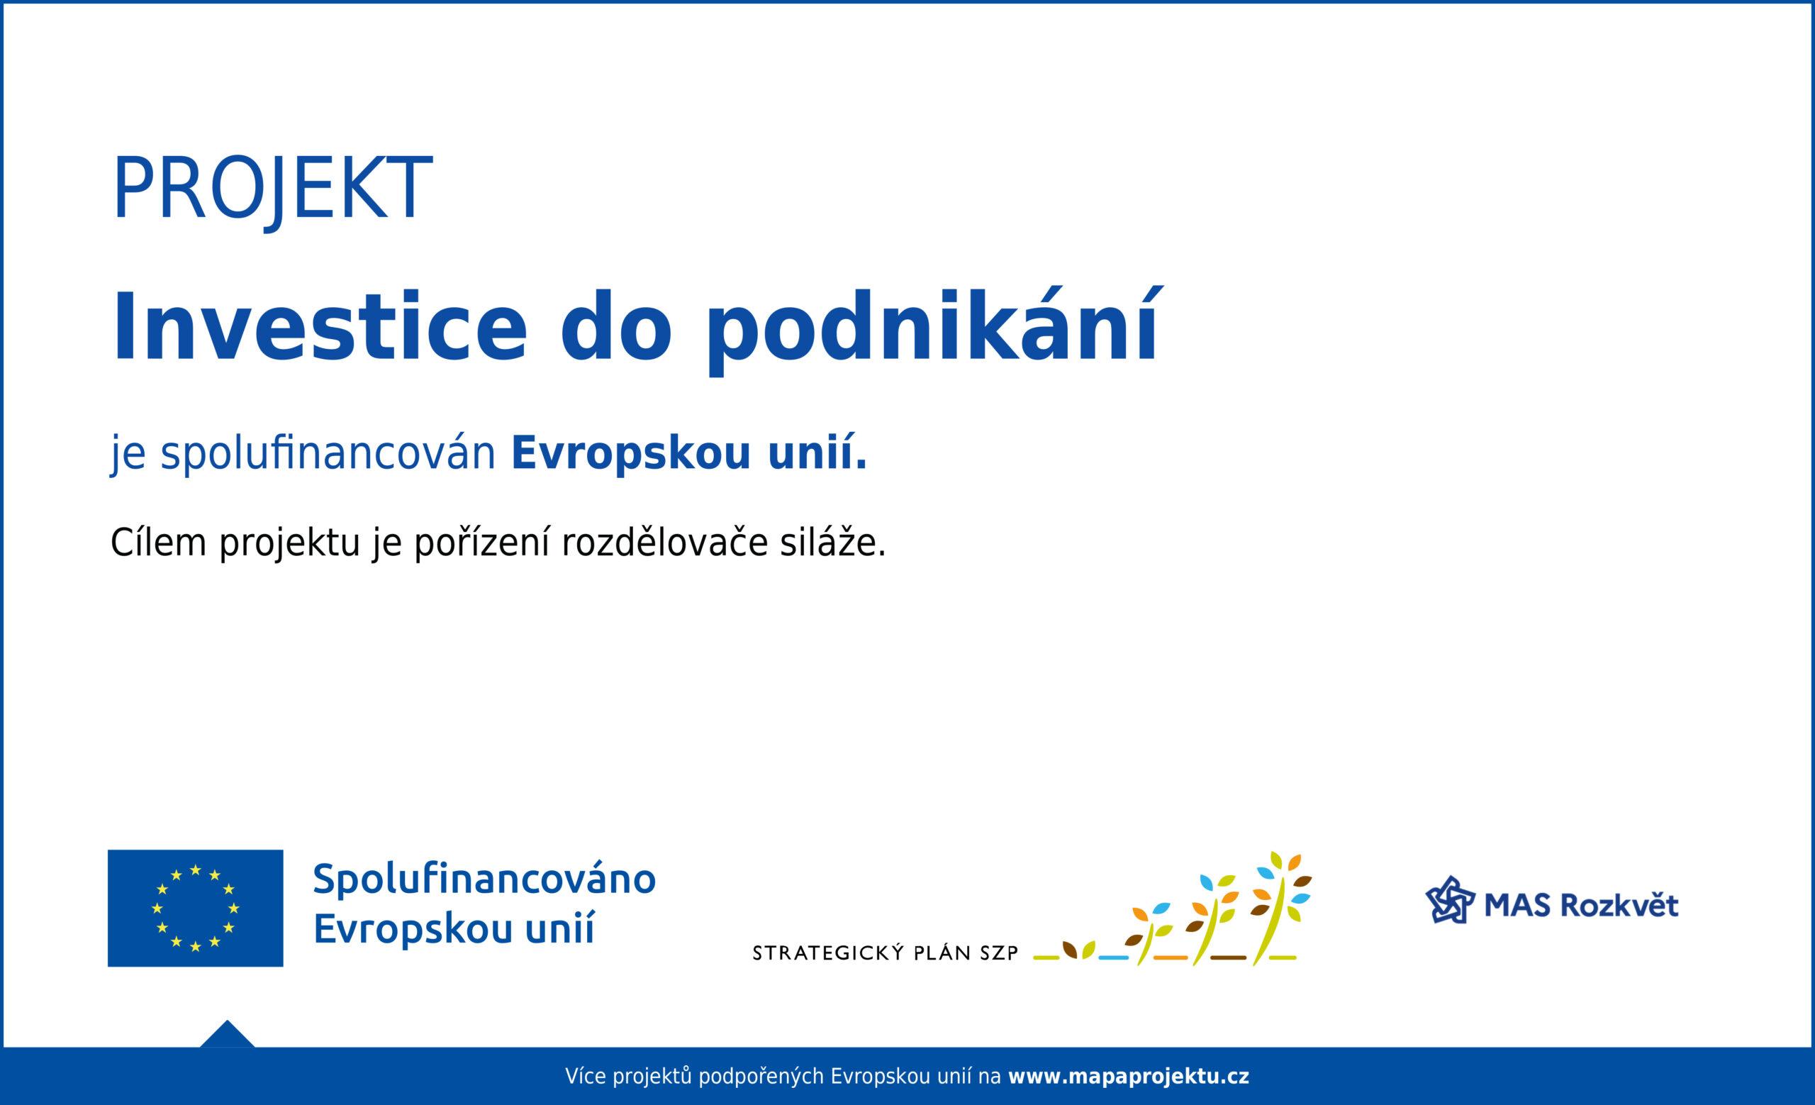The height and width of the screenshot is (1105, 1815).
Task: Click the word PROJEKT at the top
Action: [x=272, y=189]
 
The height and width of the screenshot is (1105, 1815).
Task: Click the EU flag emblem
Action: [x=195, y=909]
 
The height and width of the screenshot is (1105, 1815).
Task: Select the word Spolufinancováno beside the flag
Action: [x=484, y=879]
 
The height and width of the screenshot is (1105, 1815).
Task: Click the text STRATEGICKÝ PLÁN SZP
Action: [x=886, y=953]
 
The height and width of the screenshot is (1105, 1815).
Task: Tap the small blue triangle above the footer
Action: [x=227, y=1034]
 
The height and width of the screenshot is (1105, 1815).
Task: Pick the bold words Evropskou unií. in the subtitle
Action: [x=689, y=454]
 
